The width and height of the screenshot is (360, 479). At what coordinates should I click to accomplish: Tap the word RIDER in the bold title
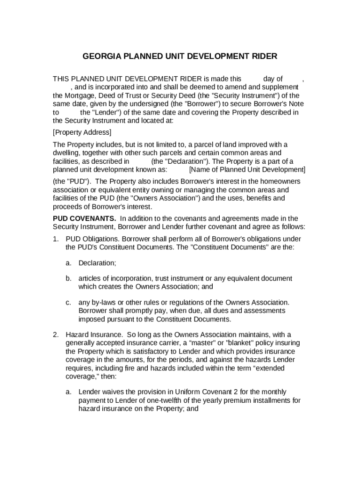tap(263, 57)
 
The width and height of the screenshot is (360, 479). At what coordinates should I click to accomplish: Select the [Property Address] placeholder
tap(82, 132)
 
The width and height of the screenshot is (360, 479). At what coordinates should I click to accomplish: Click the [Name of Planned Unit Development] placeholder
tap(247, 169)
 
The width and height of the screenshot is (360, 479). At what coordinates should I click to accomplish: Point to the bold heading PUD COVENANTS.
tap(84, 218)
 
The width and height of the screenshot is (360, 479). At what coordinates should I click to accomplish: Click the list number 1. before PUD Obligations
tap(56, 239)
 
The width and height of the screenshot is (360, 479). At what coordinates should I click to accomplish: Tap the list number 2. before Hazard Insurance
tap(56, 334)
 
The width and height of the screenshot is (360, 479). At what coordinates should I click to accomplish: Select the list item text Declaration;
tap(97, 263)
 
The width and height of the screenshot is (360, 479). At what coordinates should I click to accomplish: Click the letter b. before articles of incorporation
tap(68, 278)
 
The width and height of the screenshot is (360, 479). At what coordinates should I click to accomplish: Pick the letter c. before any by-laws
tap(68, 302)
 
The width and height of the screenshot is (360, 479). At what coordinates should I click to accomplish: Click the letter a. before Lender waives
tap(68, 392)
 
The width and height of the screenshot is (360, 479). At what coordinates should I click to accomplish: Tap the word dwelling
tap(66, 153)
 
